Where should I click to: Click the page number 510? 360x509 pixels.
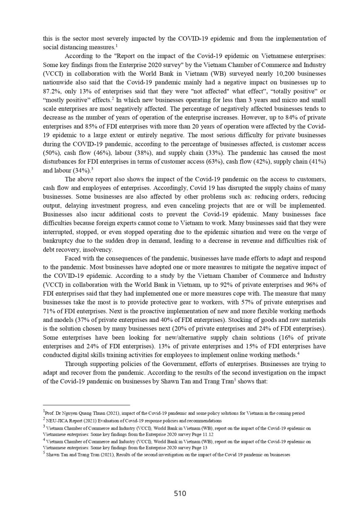[180, 493]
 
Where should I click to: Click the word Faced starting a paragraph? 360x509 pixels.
[73, 258]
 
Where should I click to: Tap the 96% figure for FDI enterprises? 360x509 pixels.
[314, 283]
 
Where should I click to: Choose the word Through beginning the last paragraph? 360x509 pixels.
[77, 364]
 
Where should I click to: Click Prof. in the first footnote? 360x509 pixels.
[50, 413]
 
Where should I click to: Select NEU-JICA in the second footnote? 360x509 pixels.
[57, 421]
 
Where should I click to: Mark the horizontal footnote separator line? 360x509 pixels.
[87, 405]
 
